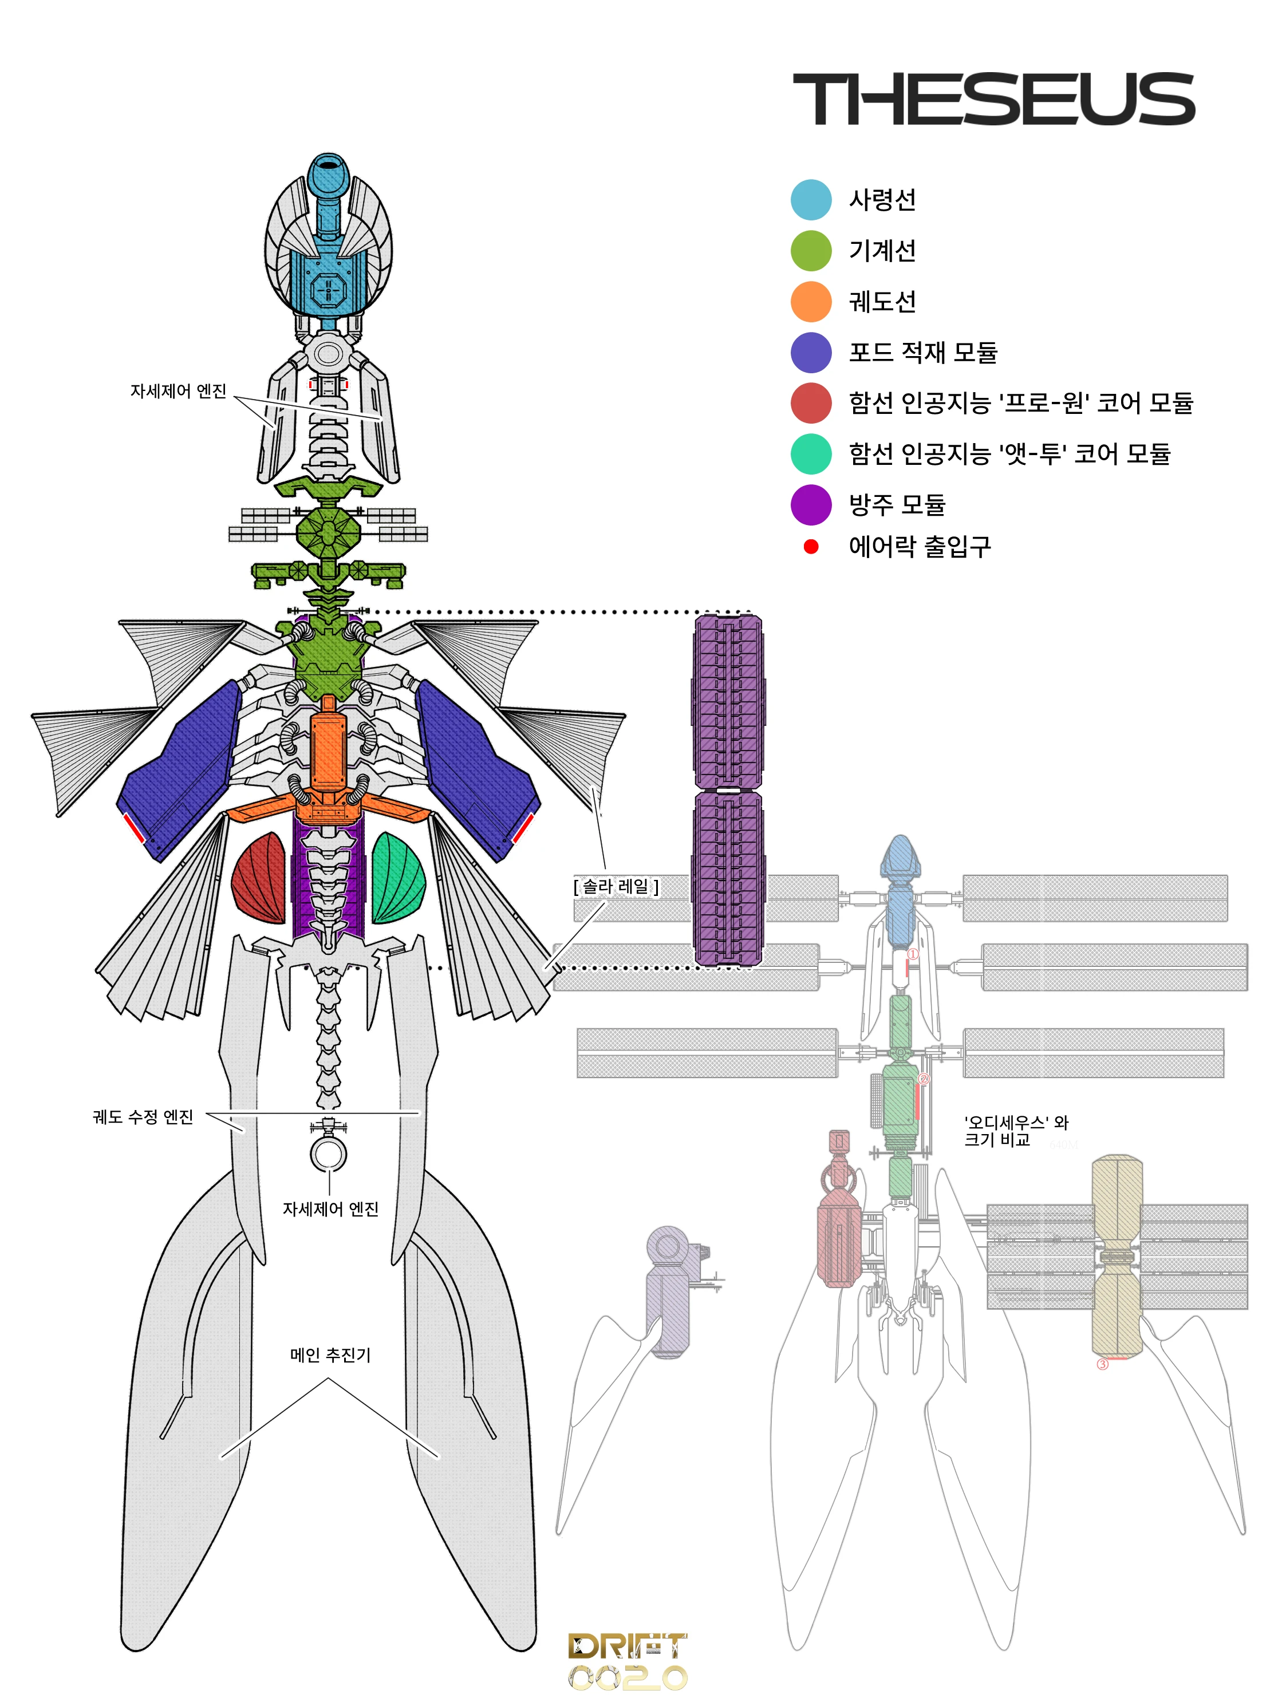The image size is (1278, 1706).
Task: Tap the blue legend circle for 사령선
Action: click(811, 200)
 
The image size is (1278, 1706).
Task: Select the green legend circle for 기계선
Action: click(811, 251)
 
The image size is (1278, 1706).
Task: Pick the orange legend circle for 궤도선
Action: click(811, 302)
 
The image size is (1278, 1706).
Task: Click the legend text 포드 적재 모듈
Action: click(922, 353)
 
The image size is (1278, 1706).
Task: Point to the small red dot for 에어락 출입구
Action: click(811, 547)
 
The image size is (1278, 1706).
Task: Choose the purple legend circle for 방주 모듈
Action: click(811, 505)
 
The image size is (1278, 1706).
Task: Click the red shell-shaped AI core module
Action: click(259, 878)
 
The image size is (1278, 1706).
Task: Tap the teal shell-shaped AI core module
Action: click(398, 878)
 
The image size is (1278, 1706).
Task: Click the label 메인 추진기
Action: click(330, 1355)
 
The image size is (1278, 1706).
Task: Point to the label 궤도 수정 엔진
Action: click(143, 1117)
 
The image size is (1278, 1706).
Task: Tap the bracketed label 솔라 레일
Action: click(616, 887)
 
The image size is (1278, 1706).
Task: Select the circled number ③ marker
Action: click(1102, 1364)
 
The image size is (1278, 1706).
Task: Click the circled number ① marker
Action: click(913, 954)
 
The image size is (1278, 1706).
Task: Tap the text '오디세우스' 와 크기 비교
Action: click(1015, 1131)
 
